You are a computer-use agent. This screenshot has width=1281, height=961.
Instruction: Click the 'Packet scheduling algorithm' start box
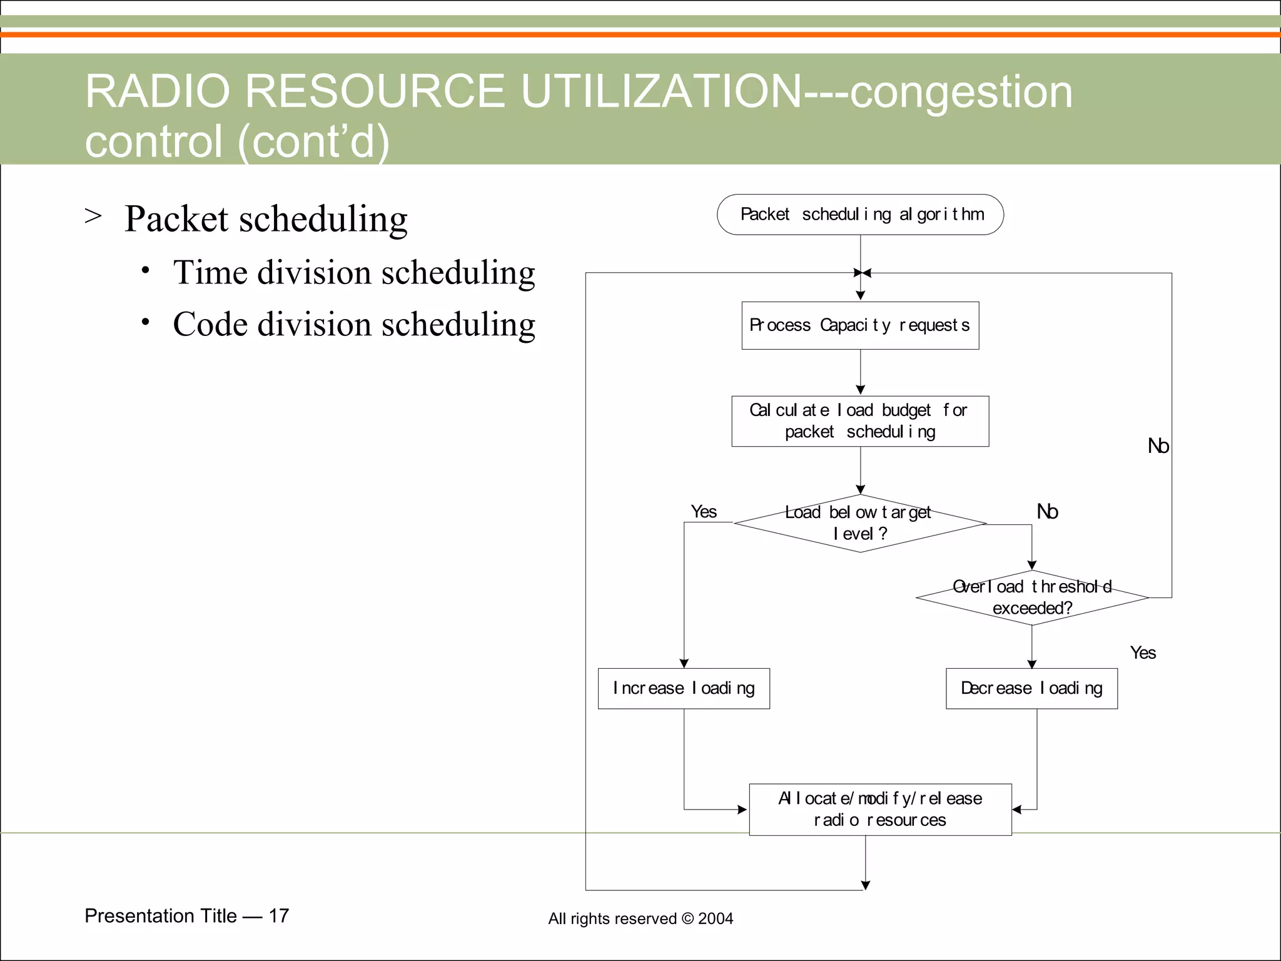pos(860,215)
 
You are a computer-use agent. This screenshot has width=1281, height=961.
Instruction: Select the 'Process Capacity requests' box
pos(860,325)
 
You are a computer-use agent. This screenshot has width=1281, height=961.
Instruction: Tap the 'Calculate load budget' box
pos(860,421)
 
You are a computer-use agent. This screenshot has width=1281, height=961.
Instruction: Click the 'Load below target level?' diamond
pos(860,524)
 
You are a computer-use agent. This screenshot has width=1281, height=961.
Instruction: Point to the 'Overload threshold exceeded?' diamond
pos(1032,597)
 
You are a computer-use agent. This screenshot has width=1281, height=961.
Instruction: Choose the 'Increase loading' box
pos(684,688)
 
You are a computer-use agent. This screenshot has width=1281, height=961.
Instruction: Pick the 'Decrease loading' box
pos(1031,688)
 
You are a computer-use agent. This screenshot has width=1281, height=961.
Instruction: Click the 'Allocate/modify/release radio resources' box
pos(880,809)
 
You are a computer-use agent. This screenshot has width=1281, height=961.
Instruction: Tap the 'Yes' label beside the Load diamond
pos(704,512)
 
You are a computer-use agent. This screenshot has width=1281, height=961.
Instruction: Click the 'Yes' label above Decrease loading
pos(1143,653)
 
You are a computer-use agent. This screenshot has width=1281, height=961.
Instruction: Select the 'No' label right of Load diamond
pos(1047,512)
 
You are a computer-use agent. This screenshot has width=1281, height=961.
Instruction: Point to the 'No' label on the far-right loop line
pos(1158,446)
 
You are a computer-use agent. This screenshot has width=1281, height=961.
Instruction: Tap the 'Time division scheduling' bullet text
pos(354,273)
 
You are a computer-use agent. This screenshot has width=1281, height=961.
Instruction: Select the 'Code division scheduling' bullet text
pos(354,325)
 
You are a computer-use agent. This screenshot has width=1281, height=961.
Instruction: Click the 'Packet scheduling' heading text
pos(266,219)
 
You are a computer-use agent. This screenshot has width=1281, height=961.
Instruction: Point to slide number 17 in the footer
pos(279,916)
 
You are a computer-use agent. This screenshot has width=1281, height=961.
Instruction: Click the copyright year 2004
pos(716,918)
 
